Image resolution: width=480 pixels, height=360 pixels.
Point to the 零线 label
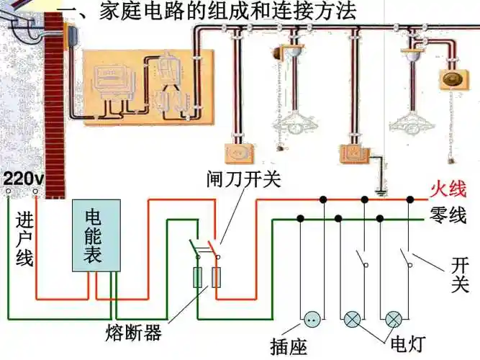[448, 214]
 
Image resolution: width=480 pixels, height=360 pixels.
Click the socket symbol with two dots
[312, 318]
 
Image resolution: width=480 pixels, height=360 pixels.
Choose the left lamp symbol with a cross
[353, 318]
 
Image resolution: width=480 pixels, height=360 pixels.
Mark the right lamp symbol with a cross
[393, 318]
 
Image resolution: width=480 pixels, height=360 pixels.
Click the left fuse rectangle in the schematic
[198, 278]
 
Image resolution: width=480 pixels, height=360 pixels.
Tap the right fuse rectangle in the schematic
[216, 278]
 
